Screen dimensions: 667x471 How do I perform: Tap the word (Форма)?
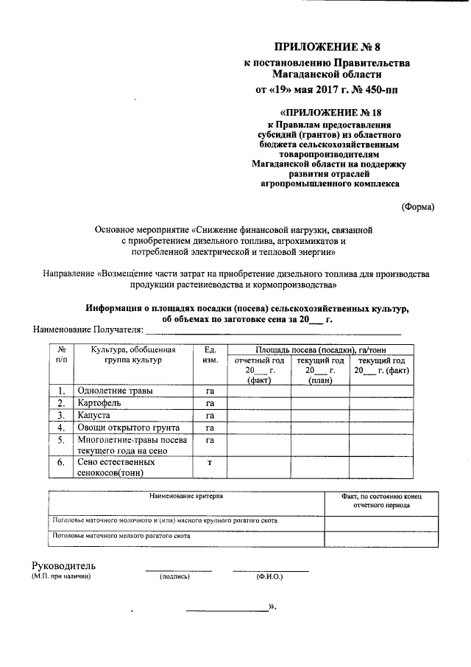click(x=417, y=207)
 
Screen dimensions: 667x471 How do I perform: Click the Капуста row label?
click(x=95, y=416)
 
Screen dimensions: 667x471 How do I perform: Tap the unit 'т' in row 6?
click(x=210, y=462)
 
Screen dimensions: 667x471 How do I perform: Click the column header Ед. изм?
click(x=210, y=355)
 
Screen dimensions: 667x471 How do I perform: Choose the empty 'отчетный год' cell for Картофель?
click(x=258, y=403)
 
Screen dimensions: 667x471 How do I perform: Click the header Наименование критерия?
click(x=186, y=497)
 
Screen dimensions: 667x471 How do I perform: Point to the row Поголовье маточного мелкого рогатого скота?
click(x=121, y=537)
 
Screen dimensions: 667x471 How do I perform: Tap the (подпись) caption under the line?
click(x=175, y=577)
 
